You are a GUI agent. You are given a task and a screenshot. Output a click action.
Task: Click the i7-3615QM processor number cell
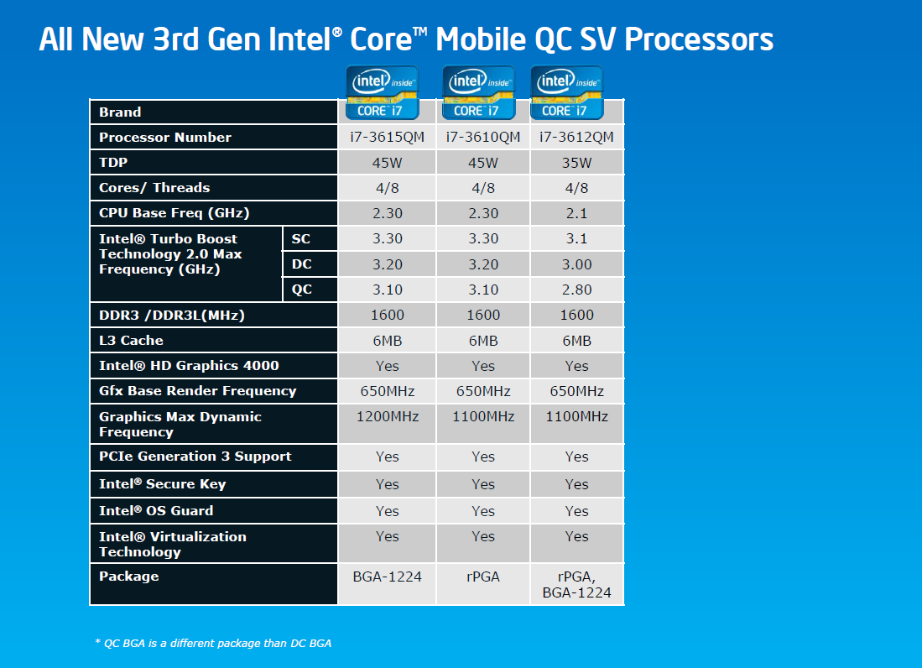(x=387, y=137)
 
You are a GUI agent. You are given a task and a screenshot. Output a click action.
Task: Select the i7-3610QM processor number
(x=482, y=137)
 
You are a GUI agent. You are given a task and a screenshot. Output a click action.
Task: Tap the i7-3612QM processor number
(x=576, y=137)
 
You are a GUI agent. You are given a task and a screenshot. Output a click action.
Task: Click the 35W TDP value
(x=576, y=163)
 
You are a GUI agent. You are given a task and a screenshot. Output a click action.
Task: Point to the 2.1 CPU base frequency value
(x=576, y=213)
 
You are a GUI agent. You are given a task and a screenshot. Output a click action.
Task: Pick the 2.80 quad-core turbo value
(x=576, y=290)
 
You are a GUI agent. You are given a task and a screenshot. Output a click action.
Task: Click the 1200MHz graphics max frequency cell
(x=387, y=416)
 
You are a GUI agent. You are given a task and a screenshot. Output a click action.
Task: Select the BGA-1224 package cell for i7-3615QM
(x=387, y=577)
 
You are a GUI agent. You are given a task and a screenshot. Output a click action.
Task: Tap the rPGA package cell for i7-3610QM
(x=482, y=577)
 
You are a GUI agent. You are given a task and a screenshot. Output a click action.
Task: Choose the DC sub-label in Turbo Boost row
(x=301, y=264)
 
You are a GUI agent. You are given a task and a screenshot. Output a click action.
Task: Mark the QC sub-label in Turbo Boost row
(x=301, y=290)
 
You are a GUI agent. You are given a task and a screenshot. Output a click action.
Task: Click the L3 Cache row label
(x=131, y=341)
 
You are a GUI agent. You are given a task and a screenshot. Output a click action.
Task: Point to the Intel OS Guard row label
(x=156, y=510)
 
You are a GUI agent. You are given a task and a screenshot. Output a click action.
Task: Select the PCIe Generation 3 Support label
(x=195, y=457)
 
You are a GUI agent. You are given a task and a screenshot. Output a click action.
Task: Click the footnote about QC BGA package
(x=213, y=643)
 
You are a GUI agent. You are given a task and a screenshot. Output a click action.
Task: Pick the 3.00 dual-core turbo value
(x=576, y=264)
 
